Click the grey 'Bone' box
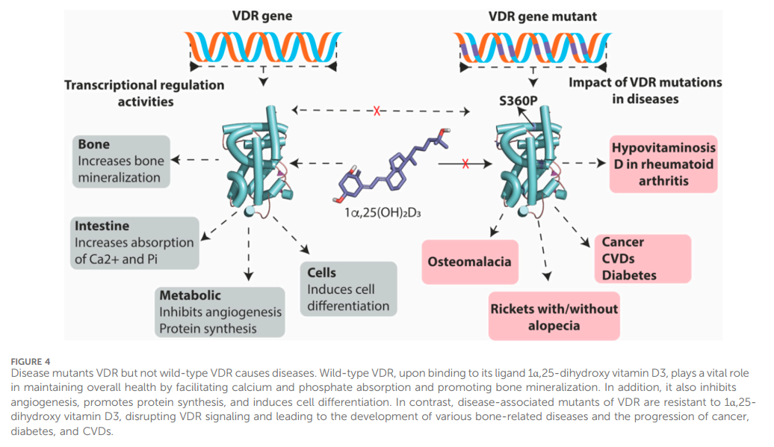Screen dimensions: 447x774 pyautogui.click(x=122, y=161)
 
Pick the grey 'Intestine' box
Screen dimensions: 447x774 pyautogui.click(x=134, y=242)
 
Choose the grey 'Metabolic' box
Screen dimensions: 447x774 pyautogui.click(x=220, y=312)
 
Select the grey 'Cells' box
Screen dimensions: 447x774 pyautogui.click(x=347, y=289)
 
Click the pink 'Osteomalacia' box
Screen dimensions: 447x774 pyautogui.click(x=469, y=262)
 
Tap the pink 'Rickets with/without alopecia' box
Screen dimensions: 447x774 pyautogui.click(x=554, y=316)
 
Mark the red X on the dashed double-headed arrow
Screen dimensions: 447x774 pyautogui.click(x=377, y=111)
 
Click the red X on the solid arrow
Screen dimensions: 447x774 pyautogui.click(x=466, y=163)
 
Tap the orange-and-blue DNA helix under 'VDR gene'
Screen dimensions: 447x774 pyautogui.click(x=262, y=48)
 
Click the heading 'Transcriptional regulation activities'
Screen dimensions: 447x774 pyautogui.click(x=144, y=93)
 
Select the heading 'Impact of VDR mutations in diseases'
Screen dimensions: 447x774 pyautogui.click(x=645, y=90)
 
